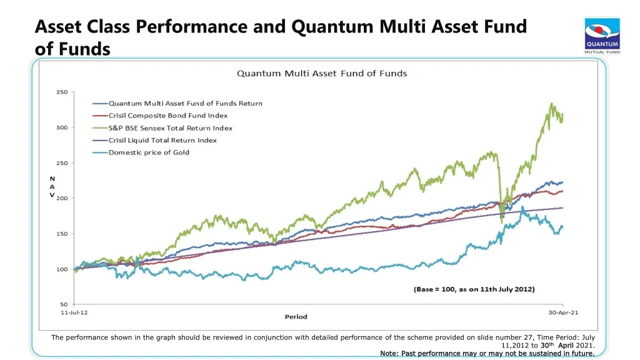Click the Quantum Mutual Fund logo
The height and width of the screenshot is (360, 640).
click(x=602, y=36)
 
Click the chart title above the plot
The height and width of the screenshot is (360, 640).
click(x=321, y=73)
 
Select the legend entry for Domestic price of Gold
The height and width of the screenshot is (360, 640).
click(x=149, y=152)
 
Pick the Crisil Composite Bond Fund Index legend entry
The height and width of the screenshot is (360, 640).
click(x=168, y=116)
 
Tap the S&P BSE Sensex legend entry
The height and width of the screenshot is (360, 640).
click(x=170, y=128)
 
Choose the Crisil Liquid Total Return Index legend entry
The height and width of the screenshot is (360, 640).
click(x=162, y=141)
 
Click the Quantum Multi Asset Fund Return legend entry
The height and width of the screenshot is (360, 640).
click(x=185, y=103)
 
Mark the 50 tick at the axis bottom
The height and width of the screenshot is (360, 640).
click(x=63, y=304)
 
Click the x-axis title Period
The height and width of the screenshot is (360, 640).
click(x=296, y=317)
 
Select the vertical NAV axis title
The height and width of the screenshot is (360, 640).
click(x=52, y=186)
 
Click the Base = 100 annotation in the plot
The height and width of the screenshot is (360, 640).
click(x=474, y=289)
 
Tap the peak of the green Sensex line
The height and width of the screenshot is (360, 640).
click(x=551, y=104)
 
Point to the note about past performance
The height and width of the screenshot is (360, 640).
click(x=487, y=354)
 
